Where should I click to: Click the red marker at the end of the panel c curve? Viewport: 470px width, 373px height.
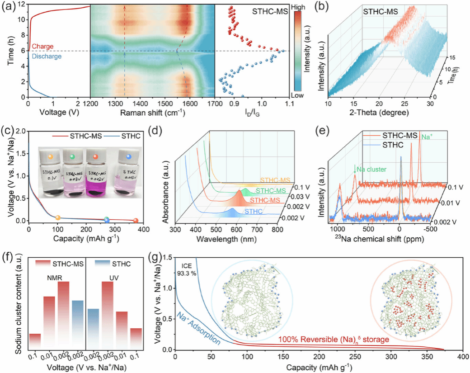136,221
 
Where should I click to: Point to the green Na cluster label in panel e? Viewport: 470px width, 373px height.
366,169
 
